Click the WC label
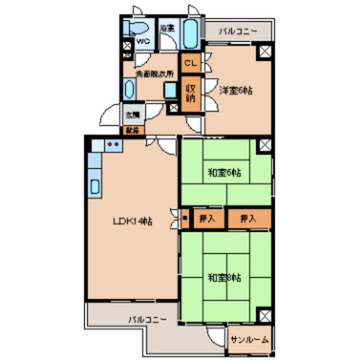[142, 41]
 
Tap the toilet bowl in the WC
[135, 27]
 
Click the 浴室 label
[167, 27]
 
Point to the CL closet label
[191, 62]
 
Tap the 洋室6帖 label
[235, 91]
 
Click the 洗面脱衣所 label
[154, 74]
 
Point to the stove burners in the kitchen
[112, 144]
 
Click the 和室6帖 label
[225, 173]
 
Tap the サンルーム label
[250, 340]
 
